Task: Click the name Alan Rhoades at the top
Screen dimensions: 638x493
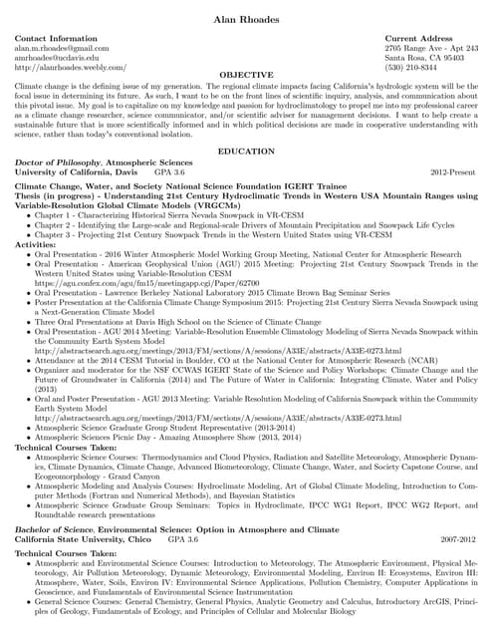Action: pos(246,21)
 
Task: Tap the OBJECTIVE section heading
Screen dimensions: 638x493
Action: pos(246,75)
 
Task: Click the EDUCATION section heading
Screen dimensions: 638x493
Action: pos(246,151)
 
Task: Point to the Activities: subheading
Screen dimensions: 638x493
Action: pos(36,243)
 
